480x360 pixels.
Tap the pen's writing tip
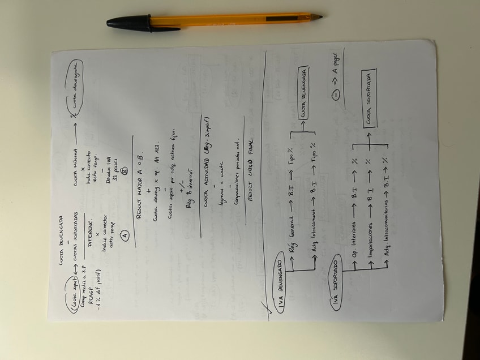pos(320,17)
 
